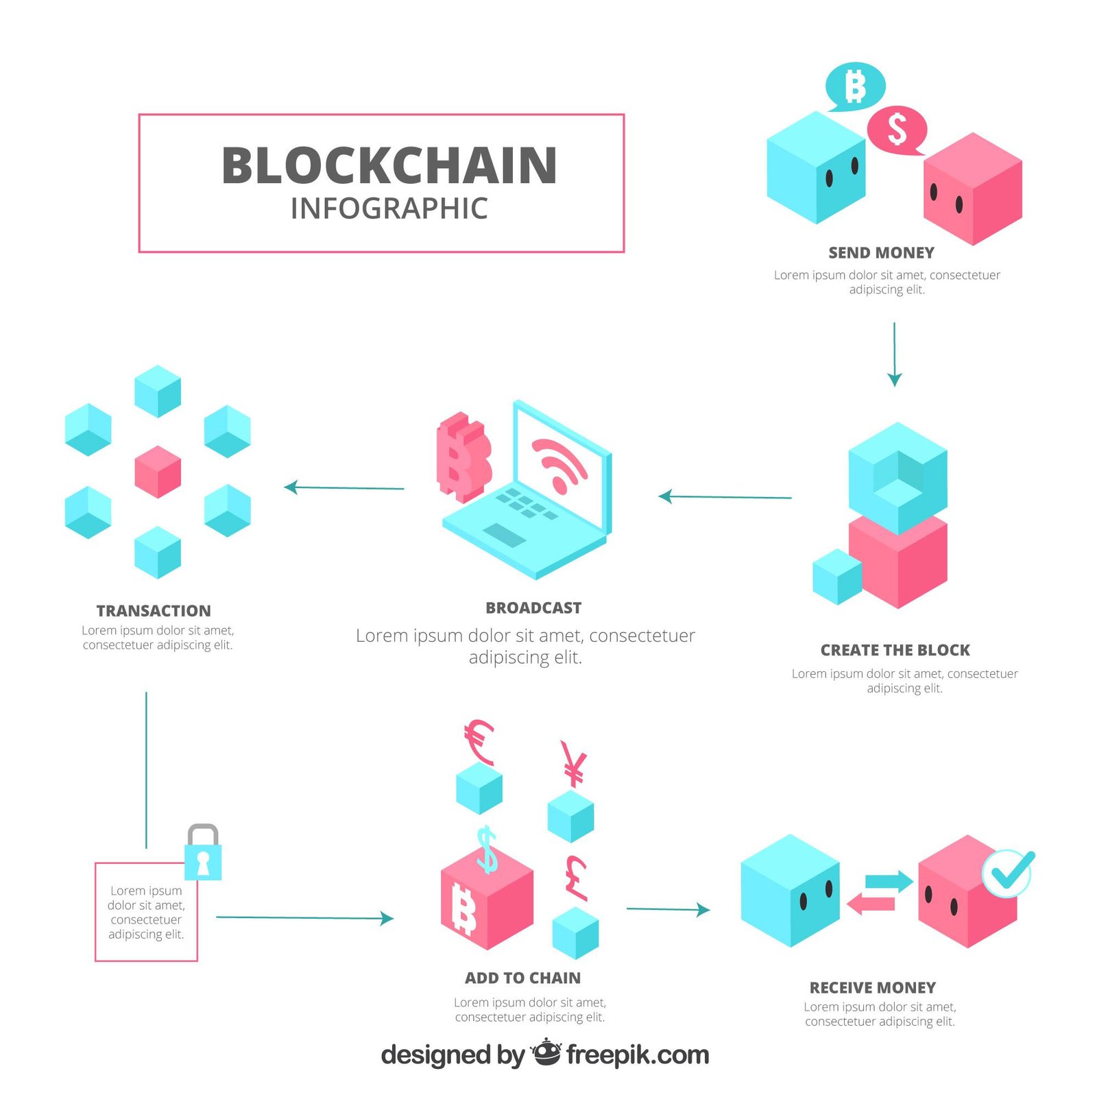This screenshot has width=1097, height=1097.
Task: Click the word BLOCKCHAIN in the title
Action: point(389,165)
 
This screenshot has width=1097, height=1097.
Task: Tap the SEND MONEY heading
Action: point(881,253)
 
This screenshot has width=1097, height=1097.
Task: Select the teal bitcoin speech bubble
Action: point(855,87)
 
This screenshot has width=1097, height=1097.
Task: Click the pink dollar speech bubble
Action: point(897,130)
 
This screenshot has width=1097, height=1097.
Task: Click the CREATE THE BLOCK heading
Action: point(895,650)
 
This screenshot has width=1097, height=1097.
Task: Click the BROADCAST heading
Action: point(533,608)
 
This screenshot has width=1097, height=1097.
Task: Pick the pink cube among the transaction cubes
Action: point(158,472)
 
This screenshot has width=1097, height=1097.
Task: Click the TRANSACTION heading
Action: point(154,611)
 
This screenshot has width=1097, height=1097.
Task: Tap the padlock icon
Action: point(203,854)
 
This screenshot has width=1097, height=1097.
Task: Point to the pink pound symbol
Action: point(577,878)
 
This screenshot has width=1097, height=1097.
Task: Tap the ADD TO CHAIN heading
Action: point(522,978)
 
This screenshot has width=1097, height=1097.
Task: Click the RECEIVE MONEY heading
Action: point(872,988)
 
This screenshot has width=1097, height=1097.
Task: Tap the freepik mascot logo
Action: point(546,1052)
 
